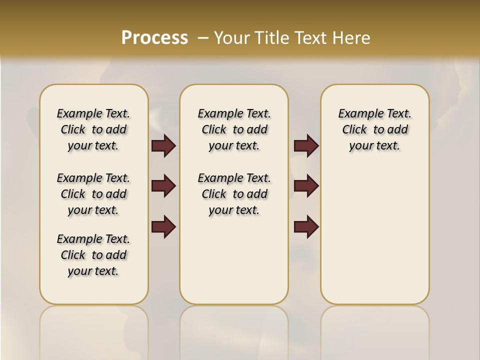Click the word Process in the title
pyautogui.click(x=154, y=38)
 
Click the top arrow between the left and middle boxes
pyautogui.click(x=163, y=145)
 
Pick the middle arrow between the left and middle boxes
pyautogui.click(x=163, y=186)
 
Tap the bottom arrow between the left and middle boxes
pyautogui.click(x=163, y=226)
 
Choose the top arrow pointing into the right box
pyautogui.click(x=306, y=145)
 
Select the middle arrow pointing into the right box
pyautogui.click(x=306, y=186)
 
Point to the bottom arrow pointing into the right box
pyautogui.click(x=306, y=226)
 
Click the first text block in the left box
pyautogui.click(x=93, y=129)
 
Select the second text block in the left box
pyautogui.click(x=93, y=194)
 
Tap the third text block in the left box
pyautogui.click(x=93, y=255)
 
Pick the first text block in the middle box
pyautogui.click(x=234, y=129)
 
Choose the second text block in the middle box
pyautogui.click(x=234, y=194)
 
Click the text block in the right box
pyautogui.click(x=374, y=129)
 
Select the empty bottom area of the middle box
pyautogui.click(x=234, y=265)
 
